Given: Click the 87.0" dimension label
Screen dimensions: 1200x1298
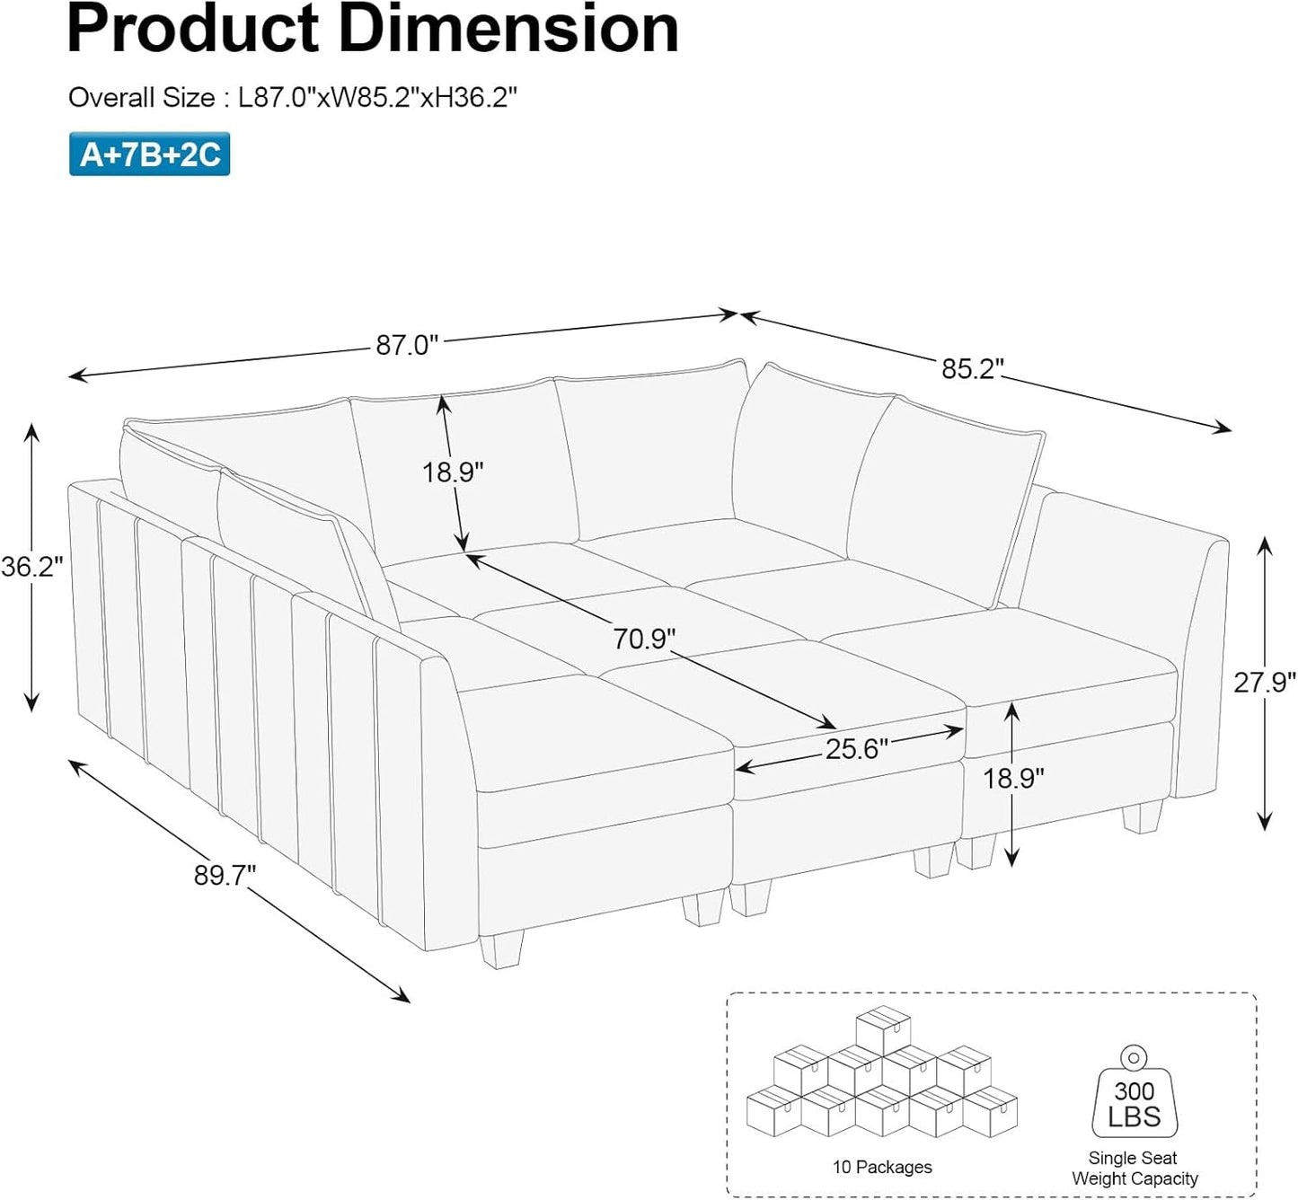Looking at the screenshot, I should [407, 345].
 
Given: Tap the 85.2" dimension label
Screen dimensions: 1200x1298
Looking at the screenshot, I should [973, 368].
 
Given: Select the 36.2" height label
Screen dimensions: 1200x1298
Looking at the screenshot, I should [32, 567].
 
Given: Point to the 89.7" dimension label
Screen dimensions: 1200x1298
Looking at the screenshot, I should [225, 875].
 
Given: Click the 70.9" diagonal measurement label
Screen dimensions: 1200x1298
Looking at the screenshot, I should [644, 639].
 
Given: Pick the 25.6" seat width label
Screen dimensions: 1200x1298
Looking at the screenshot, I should [856, 748].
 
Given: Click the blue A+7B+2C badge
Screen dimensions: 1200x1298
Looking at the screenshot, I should [150, 154].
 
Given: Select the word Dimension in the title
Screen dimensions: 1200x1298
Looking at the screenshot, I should [499, 29].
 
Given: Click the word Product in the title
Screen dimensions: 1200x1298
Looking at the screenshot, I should [193, 29].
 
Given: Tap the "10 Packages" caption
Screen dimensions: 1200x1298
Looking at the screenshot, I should [882, 1167].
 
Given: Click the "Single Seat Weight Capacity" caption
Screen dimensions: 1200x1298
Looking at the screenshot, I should [1134, 1169].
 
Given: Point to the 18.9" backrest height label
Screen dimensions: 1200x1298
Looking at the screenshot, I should [453, 472].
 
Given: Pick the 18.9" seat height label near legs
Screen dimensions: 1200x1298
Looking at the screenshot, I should [1013, 778].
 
